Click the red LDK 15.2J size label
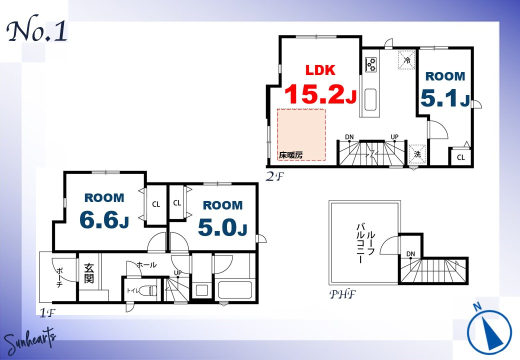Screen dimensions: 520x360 pyautogui.click(x=320, y=84)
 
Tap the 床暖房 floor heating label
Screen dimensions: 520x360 pyautogui.click(x=290, y=155)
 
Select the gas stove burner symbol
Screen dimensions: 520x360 pyautogui.click(x=371, y=64)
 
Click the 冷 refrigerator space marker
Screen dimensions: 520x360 pyautogui.click(x=407, y=60)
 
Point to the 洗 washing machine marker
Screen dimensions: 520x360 pyautogui.click(x=417, y=154)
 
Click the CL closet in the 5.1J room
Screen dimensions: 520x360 pyautogui.click(x=461, y=157)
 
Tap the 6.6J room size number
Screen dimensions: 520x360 pyautogui.click(x=104, y=219)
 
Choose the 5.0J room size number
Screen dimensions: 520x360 pyautogui.click(x=222, y=227)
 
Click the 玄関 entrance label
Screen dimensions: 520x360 pyautogui.click(x=88, y=273)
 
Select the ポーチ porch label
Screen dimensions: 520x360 pyautogui.click(x=59, y=277)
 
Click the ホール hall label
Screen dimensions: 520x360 pyautogui.click(x=146, y=265)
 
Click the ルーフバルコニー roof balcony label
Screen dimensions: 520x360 pyautogui.click(x=366, y=243)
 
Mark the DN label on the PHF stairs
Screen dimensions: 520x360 pyautogui.click(x=410, y=254)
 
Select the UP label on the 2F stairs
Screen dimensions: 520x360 pyautogui.click(x=394, y=137)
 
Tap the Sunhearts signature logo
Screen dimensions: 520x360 pyautogui.click(x=30, y=341)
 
